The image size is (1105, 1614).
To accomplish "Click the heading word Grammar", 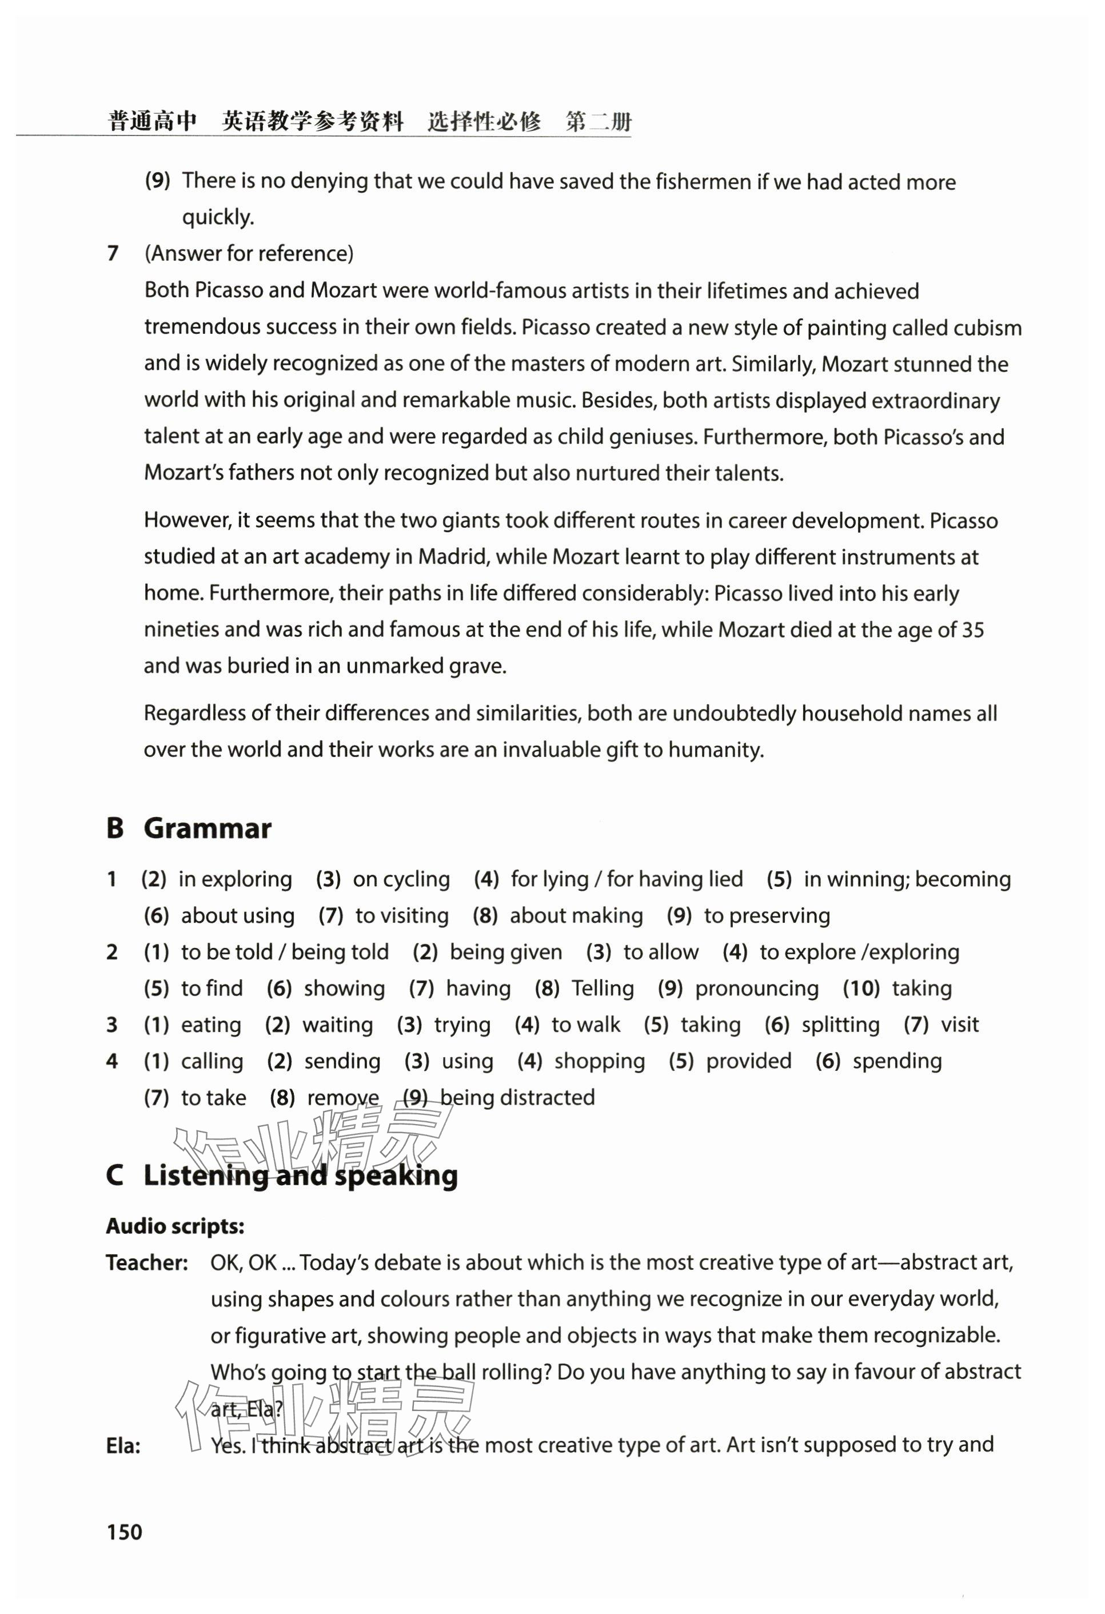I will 207,828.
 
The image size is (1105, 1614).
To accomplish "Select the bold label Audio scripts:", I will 175,1226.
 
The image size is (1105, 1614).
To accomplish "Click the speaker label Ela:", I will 123,1446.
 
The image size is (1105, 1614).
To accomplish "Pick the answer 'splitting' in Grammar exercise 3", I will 840,1025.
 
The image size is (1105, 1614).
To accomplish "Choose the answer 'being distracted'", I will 517,1097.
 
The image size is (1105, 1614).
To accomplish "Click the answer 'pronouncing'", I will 757,989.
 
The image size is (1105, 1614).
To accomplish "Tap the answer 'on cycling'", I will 401,879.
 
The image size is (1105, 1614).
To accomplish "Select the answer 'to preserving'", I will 767,915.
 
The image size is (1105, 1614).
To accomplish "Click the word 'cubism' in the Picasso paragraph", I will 987,328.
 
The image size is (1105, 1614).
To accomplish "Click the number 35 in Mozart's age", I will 972,630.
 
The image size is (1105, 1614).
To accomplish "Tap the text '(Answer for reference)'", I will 249,253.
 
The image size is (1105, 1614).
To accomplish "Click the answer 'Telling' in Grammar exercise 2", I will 603,989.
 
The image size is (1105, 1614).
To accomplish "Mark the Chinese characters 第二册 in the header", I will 599,122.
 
